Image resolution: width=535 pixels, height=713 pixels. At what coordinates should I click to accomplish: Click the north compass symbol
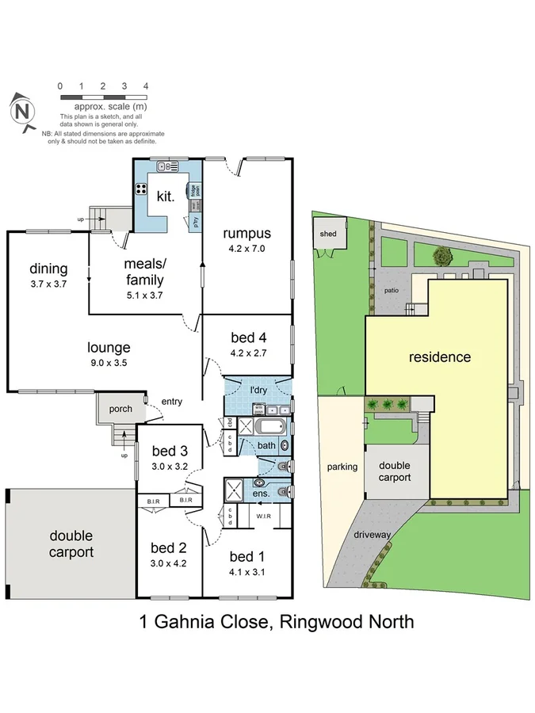click(24, 111)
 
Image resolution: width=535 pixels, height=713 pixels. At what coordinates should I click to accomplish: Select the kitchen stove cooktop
click(142, 189)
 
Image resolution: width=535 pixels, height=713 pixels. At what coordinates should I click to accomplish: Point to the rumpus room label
click(246, 233)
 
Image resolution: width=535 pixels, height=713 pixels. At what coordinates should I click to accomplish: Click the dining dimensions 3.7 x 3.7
click(48, 283)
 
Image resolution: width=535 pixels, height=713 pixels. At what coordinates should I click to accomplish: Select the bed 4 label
click(249, 337)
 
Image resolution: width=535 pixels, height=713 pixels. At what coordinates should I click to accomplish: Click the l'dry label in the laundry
click(258, 391)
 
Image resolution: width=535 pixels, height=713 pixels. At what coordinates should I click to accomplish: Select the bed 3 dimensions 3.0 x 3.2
click(169, 467)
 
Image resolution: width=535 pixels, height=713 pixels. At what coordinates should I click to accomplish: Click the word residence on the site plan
click(439, 356)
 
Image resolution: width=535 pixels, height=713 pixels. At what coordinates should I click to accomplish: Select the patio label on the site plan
click(392, 290)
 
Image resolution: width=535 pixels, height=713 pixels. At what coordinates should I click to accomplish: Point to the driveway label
click(373, 535)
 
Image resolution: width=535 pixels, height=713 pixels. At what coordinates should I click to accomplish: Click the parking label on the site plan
click(342, 467)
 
